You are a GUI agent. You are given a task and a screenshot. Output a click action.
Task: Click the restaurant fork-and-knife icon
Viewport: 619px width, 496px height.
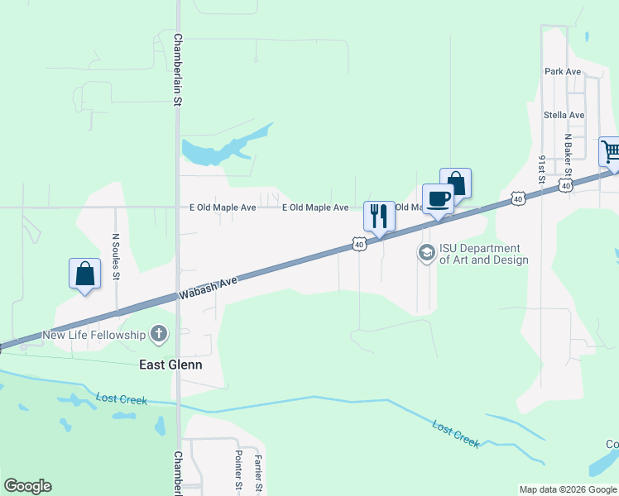click(x=379, y=216)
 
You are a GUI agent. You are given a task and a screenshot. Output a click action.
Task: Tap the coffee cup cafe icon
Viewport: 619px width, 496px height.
click(x=438, y=198)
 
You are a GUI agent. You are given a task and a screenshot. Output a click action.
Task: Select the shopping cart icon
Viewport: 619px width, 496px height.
click(x=611, y=151)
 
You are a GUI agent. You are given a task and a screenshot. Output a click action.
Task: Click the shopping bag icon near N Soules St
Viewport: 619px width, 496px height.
click(x=84, y=273)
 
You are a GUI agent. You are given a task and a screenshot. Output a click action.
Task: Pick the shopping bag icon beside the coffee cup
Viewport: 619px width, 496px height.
click(x=456, y=183)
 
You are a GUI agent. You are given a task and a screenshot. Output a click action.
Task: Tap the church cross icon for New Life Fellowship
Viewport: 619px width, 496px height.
click(x=159, y=335)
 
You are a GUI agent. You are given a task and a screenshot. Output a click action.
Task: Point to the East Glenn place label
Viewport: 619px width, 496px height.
click(x=170, y=364)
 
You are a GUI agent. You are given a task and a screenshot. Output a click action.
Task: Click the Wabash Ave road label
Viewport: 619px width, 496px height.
click(x=207, y=289)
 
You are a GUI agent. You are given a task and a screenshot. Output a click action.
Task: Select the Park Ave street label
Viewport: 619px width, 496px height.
click(x=563, y=72)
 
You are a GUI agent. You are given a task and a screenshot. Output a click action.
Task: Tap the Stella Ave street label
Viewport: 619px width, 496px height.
click(x=564, y=115)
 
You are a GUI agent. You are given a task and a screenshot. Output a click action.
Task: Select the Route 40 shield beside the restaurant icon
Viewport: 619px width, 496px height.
click(x=358, y=244)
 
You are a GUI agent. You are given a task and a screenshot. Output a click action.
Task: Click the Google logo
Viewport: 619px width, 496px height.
click(x=27, y=486)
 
